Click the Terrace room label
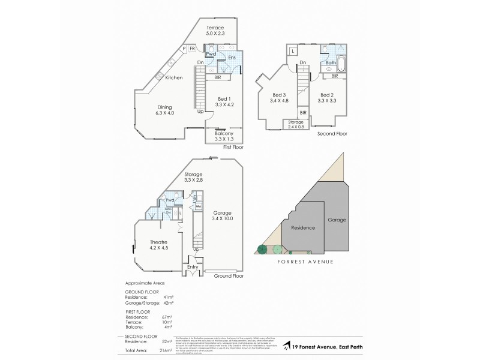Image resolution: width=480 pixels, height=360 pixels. [215, 31]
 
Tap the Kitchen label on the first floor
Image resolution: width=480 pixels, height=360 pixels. [174, 78]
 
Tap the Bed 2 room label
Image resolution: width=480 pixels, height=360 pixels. [327, 98]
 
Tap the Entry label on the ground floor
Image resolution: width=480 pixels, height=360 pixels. [193, 266]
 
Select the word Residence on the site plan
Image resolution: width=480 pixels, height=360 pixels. [303, 228]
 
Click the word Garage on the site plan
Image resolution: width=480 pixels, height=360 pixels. [337, 220]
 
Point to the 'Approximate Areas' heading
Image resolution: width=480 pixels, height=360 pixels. [144, 283]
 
